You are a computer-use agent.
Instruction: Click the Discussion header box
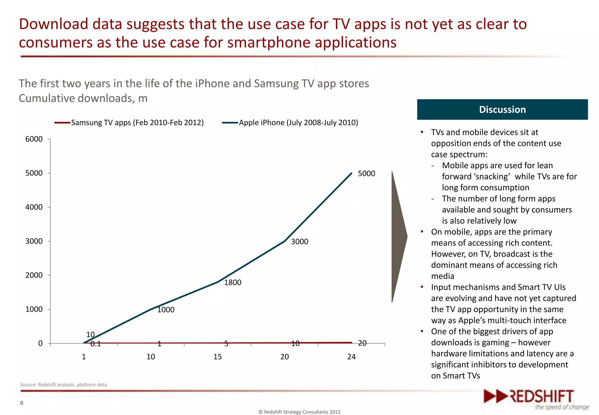pyautogui.click(x=502, y=109)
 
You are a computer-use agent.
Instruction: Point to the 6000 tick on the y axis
pyautogui.click(x=34, y=139)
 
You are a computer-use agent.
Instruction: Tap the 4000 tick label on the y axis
pyautogui.click(x=34, y=207)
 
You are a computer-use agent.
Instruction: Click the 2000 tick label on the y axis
pyautogui.click(x=34, y=275)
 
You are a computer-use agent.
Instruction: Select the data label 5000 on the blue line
pyautogui.click(x=366, y=174)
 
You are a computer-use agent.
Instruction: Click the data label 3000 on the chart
pyautogui.click(x=299, y=242)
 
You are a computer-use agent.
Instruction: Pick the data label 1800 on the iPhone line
pyautogui.click(x=233, y=282)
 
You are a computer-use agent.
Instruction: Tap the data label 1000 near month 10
pyautogui.click(x=166, y=310)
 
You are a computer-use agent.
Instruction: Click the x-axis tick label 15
pyautogui.click(x=218, y=357)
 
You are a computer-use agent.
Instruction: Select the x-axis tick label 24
pyautogui.click(x=351, y=357)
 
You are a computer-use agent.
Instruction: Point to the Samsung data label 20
pyautogui.click(x=362, y=343)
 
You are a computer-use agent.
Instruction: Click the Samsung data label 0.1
pyautogui.click(x=96, y=344)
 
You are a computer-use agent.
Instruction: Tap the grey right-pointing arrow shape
pyautogui.click(x=398, y=237)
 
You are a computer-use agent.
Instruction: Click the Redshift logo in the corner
pyautogui.click(x=536, y=399)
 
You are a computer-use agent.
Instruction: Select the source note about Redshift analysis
pyautogui.click(x=63, y=385)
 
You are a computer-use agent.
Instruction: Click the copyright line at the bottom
pyautogui.click(x=299, y=412)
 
